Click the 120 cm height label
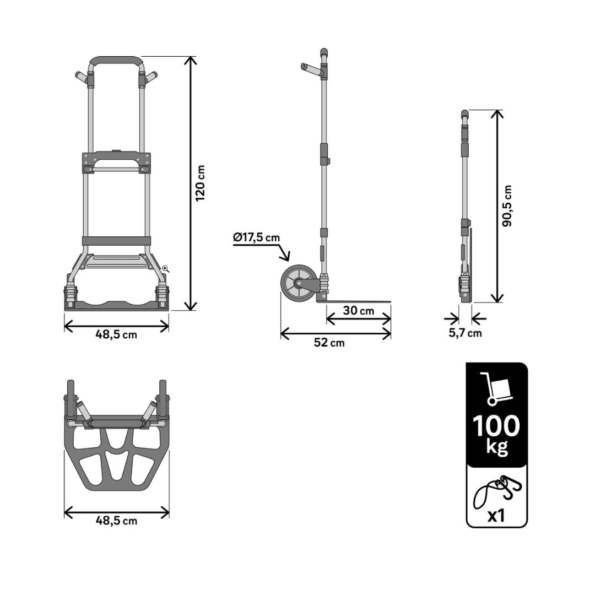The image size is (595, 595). tap(200, 183)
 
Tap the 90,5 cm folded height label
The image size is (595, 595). tap(507, 206)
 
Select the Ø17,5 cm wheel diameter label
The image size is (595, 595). tap(257, 238)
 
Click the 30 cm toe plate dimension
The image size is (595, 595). tap(359, 310)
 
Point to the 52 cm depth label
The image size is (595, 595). tap(329, 343)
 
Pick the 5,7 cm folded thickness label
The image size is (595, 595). tap(465, 333)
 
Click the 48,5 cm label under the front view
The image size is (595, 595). tap(116, 335)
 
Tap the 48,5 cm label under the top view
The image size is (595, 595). tap(116, 521)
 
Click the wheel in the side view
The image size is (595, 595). tap(297, 284)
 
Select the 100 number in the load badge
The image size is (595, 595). tap(496, 426)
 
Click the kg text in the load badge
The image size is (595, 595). tap(497, 447)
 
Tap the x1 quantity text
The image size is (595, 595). tap(496, 516)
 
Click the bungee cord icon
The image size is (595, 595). tap(497, 491)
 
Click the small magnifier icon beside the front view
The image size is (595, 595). tap(165, 269)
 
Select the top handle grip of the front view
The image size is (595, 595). tap(116, 62)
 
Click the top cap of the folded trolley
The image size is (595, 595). tap(465, 114)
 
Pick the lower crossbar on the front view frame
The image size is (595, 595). tap(116, 241)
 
